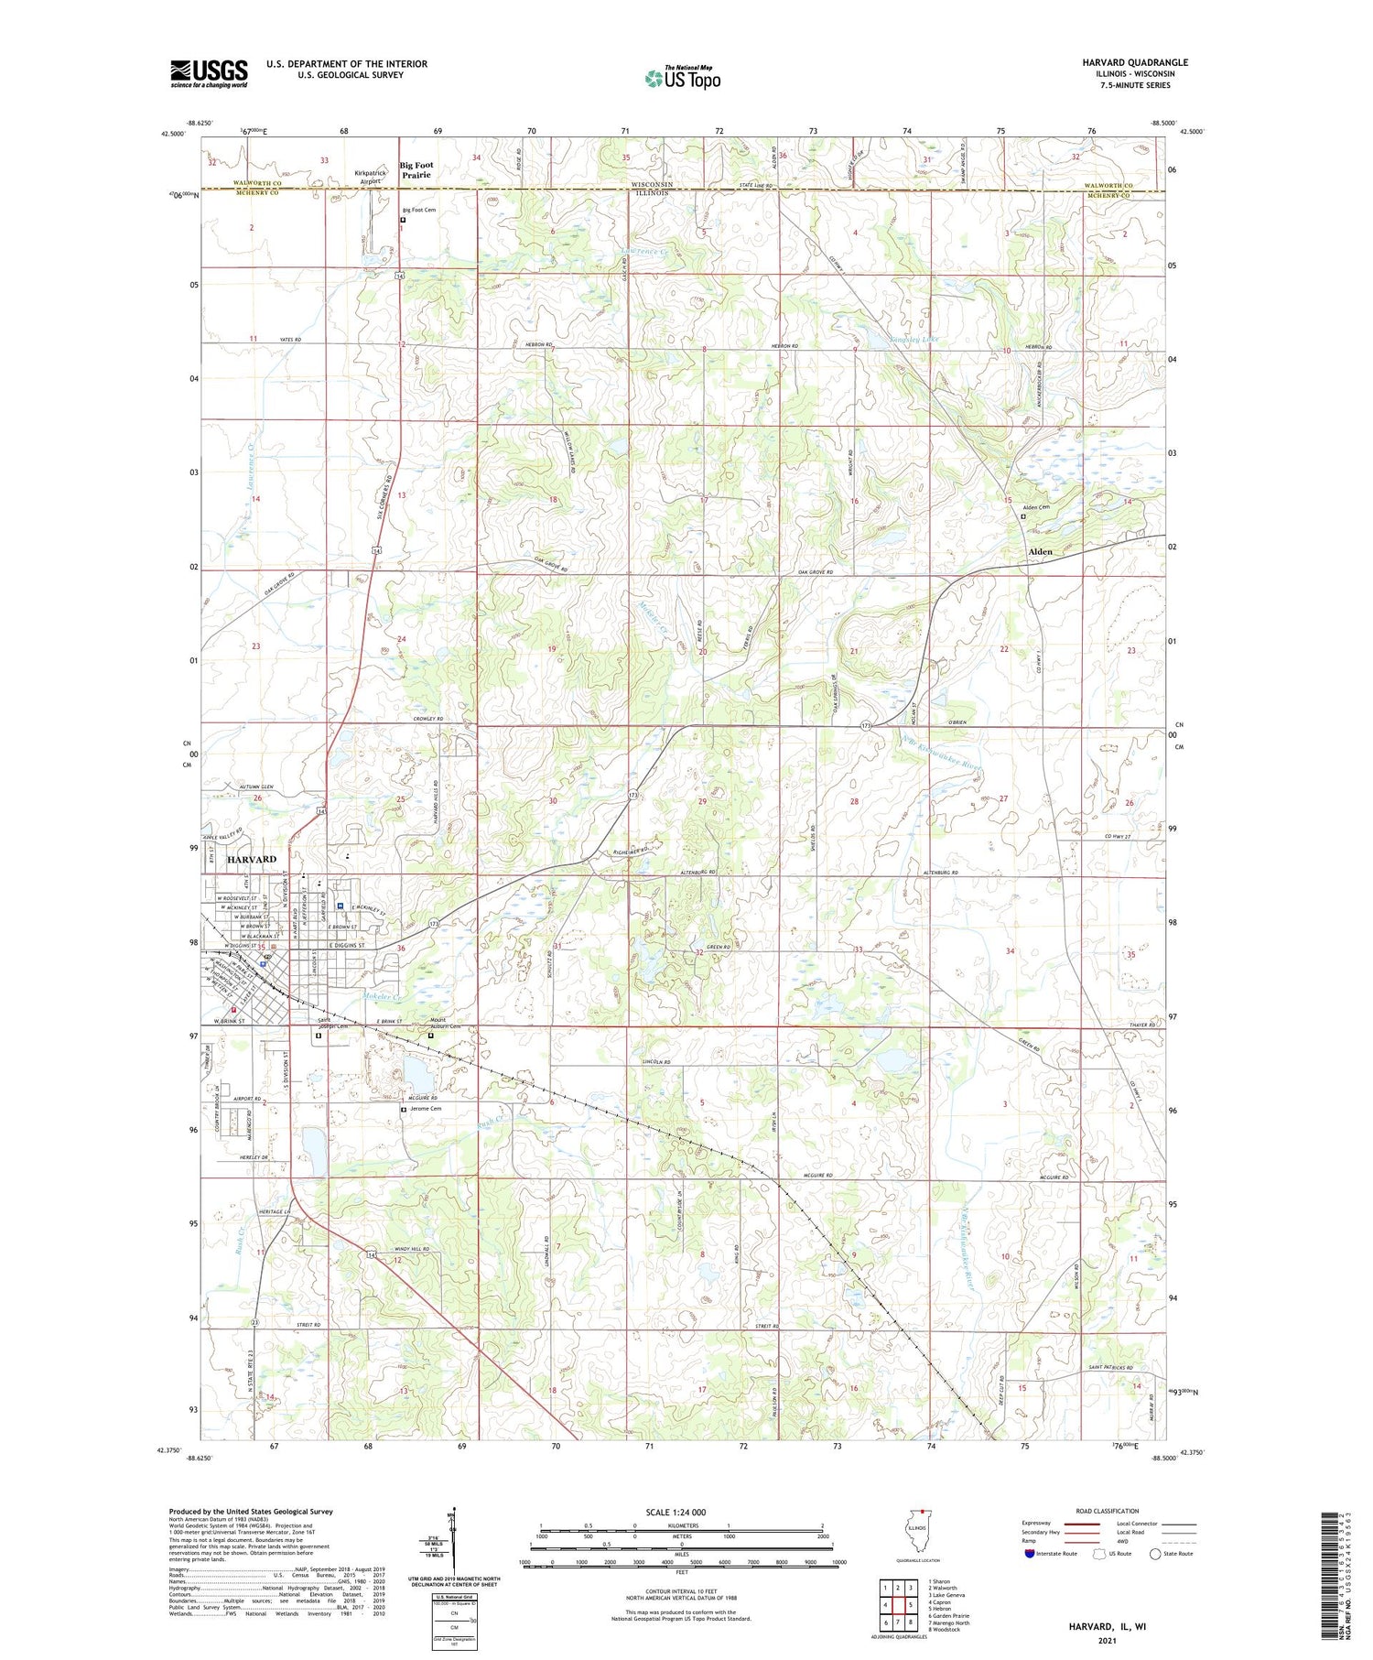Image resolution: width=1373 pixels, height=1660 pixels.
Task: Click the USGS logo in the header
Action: coord(209,73)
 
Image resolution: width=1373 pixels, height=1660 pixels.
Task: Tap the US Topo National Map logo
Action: coord(681,78)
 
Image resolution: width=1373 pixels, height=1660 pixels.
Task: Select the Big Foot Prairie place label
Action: coord(416,170)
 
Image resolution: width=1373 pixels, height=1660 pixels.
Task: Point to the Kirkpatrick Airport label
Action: coord(369,177)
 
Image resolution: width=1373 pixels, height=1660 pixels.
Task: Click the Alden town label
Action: coord(1040,552)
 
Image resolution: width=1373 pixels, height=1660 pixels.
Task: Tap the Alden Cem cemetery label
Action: coord(1035,507)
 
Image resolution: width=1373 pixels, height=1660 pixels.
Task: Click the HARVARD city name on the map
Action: coord(251,860)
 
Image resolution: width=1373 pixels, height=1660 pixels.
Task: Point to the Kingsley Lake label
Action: coord(914,340)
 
